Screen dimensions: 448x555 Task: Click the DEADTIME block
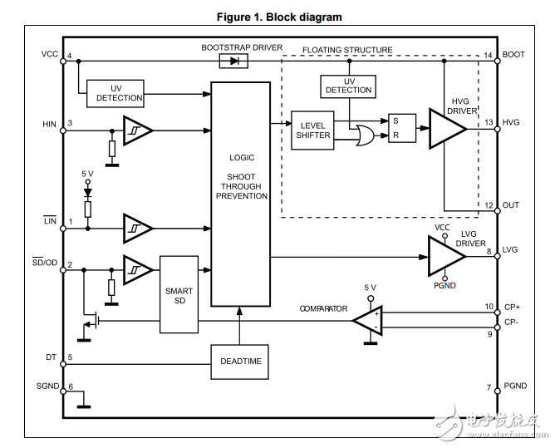point(240,362)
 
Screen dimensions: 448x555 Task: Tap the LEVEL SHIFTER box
point(313,130)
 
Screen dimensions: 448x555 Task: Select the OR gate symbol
point(362,135)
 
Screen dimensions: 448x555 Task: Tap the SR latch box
point(401,128)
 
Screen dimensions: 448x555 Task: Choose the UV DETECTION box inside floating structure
point(348,86)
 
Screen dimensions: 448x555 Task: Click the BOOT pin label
point(513,55)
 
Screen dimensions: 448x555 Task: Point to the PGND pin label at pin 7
point(515,386)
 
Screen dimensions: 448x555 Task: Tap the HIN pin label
point(49,124)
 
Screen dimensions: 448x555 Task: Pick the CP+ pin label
point(513,306)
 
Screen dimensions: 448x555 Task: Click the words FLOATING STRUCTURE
point(347,50)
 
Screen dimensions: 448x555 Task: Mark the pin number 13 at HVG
point(489,122)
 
